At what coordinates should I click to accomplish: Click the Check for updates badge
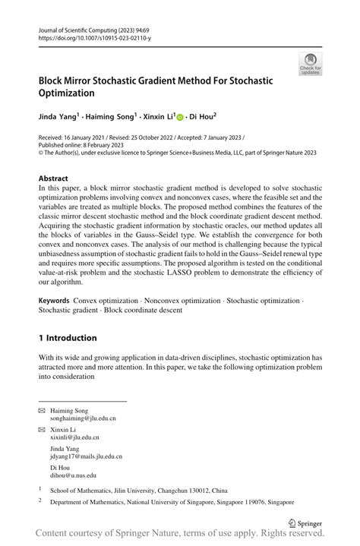pyautogui.click(x=310, y=64)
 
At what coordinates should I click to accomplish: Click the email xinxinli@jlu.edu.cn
pyautogui.click(x=74, y=437)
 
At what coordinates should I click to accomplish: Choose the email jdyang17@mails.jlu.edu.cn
pyautogui.click(x=86, y=456)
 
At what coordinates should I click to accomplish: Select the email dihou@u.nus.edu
pyautogui.click(x=73, y=475)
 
